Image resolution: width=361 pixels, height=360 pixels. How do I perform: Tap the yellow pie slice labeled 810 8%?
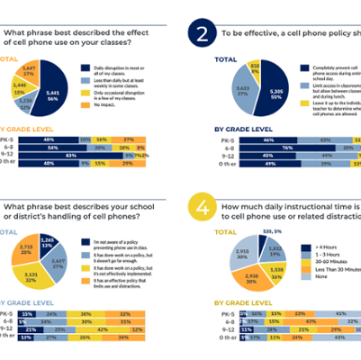pos(255,67)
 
